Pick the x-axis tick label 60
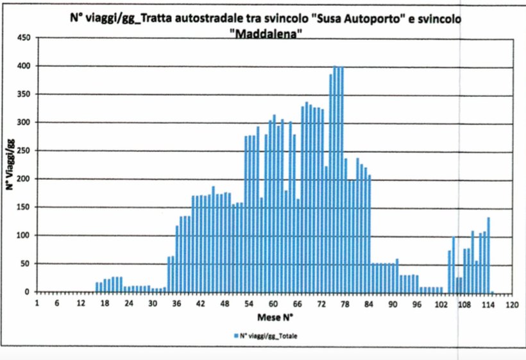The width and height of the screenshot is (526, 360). point(273,304)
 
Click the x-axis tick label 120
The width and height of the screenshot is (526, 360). point(511,304)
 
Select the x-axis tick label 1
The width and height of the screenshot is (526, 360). point(37,304)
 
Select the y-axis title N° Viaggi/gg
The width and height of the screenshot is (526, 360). point(10,165)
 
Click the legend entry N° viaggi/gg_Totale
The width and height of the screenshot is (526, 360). point(269,336)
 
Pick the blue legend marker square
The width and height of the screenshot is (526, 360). point(237,336)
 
